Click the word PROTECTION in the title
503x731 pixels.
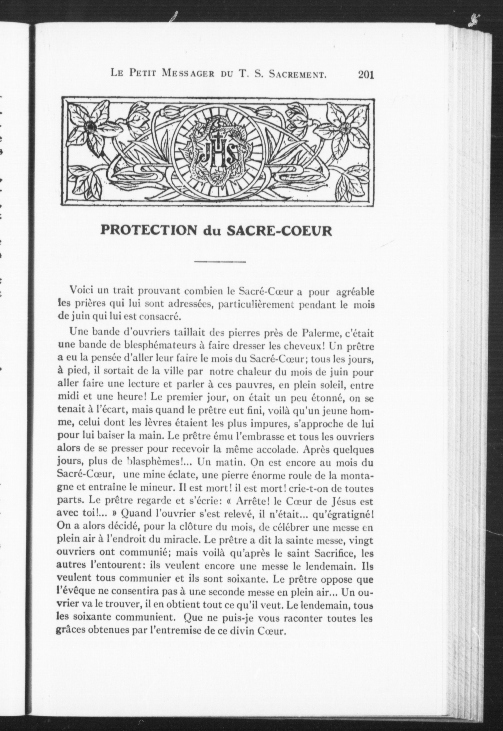[x=148, y=231]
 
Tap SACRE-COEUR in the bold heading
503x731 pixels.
[x=280, y=231]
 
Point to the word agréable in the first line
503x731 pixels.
[x=355, y=292]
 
